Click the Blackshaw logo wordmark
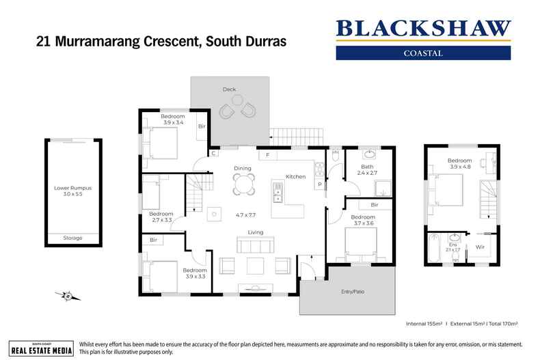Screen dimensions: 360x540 tap(423, 29)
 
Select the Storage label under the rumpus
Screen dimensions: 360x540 tap(72, 238)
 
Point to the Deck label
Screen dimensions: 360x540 tap(229, 89)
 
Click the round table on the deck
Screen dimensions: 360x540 tap(237, 100)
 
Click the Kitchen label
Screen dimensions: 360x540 tap(295, 176)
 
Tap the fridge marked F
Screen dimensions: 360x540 tap(267, 155)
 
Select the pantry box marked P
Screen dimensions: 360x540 tap(319, 184)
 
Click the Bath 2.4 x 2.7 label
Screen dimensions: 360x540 tap(368, 169)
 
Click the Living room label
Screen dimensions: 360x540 tap(256, 232)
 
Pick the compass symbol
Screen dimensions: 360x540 tap(67, 296)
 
